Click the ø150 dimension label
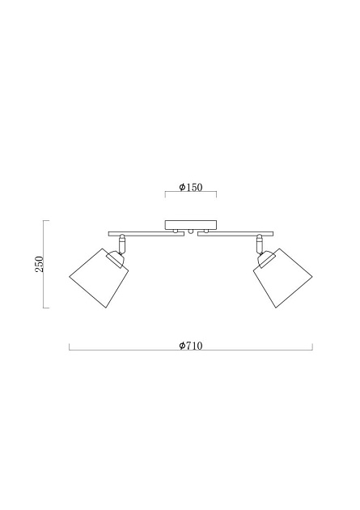[x=191, y=187]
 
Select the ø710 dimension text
[x=191, y=346]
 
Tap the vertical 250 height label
[x=39, y=264]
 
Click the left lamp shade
[x=99, y=279]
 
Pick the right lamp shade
[x=283, y=279]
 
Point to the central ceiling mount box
[x=191, y=225]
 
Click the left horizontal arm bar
[x=146, y=234]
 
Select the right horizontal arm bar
[x=235, y=234]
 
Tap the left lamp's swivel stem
[x=122, y=244]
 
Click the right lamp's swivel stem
[x=260, y=244]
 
